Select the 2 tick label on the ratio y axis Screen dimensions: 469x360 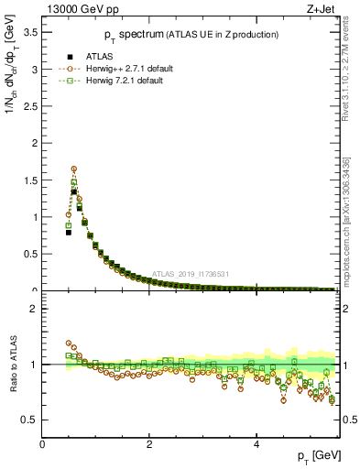(34, 309)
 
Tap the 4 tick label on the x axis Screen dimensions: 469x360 (257, 444)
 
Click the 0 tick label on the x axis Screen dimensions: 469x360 (42, 444)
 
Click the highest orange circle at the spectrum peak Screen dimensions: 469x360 (73, 169)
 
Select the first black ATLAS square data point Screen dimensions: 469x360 (68, 233)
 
